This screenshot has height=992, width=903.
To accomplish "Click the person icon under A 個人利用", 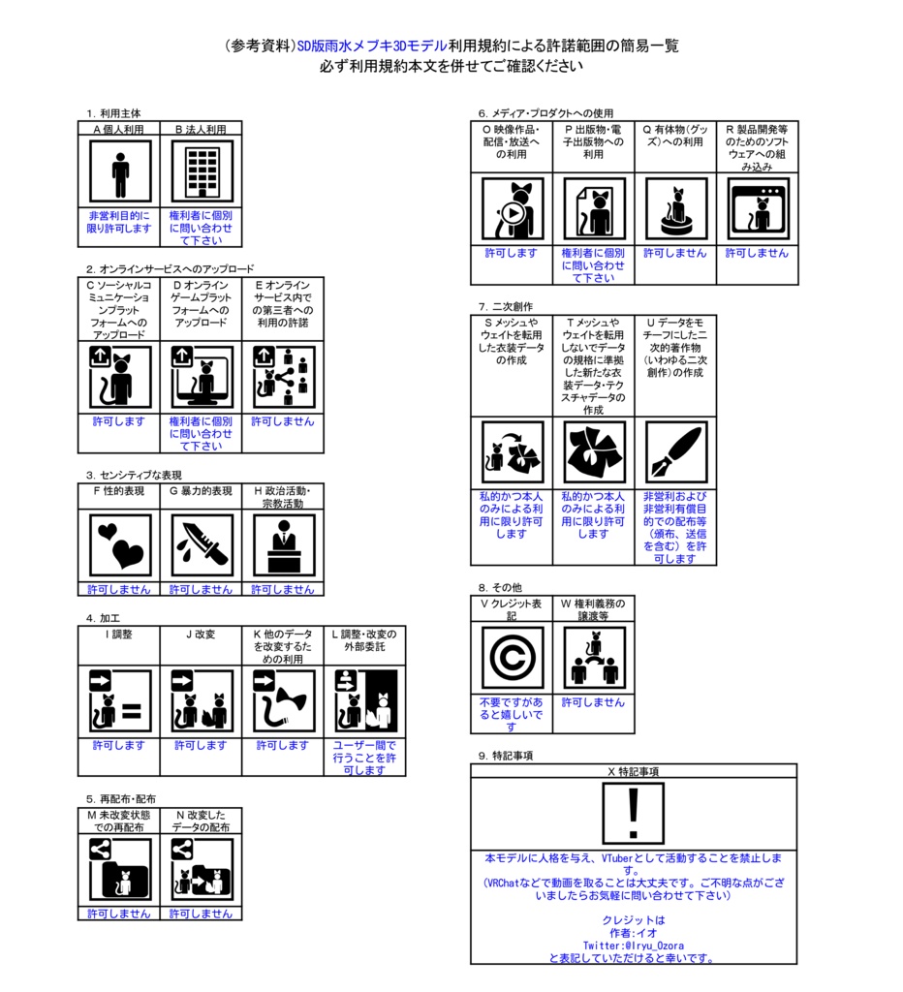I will [x=119, y=171].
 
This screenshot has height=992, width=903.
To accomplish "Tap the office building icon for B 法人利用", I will [x=202, y=171].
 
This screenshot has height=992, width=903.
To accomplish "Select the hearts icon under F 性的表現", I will [x=119, y=544].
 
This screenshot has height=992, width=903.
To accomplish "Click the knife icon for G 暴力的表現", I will [x=202, y=544].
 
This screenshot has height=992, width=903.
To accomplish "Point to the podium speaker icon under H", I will [x=283, y=544].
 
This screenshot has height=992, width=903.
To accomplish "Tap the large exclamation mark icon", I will [x=634, y=812].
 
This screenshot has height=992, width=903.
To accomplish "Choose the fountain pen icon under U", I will [x=675, y=452].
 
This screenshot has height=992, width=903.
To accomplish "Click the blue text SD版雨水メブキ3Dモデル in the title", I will [x=372, y=46].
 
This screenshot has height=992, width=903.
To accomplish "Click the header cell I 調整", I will [x=119, y=634].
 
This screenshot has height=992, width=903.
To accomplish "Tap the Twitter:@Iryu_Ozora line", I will [x=634, y=945].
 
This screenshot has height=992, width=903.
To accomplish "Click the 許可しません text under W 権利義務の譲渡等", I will [x=593, y=702].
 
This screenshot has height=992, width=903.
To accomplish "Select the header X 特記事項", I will [x=634, y=771].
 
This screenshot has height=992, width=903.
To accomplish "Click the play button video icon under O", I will [x=512, y=208].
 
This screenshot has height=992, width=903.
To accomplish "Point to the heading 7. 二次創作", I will [x=505, y=306].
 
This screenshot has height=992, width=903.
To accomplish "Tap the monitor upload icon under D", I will [x=202, y=378].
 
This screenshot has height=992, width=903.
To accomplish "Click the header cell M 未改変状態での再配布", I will [x=119, y=821].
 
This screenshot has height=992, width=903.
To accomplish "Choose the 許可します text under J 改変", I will [x=201, y=745].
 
